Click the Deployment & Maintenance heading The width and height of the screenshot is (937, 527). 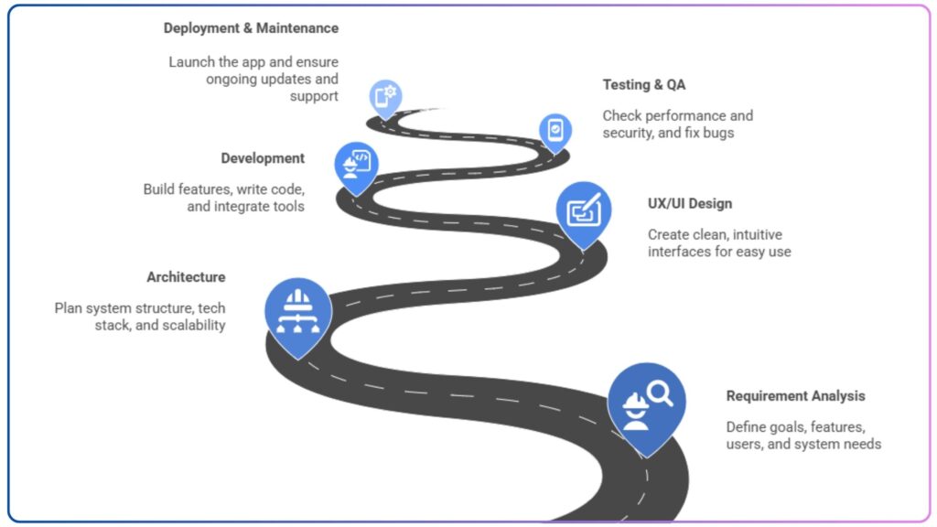(251, 28)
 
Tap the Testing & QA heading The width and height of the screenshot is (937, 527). (643, 85)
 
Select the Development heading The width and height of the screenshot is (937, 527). (263, 158)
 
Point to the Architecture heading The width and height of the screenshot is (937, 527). (186, 277)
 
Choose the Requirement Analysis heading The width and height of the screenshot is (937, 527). (795, 396)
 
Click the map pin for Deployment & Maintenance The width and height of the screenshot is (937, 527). (385, 95)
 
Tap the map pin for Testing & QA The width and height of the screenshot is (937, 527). (554, 130)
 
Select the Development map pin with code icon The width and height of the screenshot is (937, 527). (356, 164)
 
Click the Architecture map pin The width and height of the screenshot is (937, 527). (297, 306)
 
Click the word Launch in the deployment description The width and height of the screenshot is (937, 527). (191, 62)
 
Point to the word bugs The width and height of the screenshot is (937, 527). (719, 133)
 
